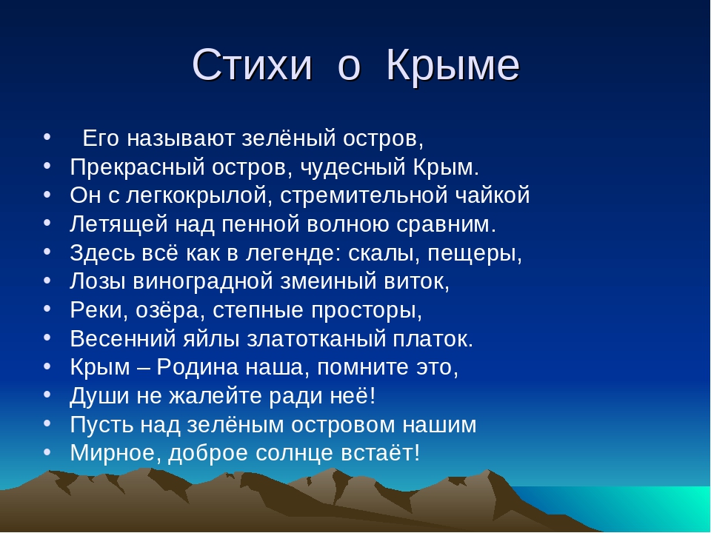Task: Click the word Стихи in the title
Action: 253,65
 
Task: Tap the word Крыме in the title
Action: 453,65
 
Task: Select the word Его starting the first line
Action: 101,138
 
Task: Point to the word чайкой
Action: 493,195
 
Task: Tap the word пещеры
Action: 475,254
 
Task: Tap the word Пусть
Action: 101,425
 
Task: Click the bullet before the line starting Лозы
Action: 47,280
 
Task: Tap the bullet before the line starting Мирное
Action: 47,452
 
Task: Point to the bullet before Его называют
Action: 47,136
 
